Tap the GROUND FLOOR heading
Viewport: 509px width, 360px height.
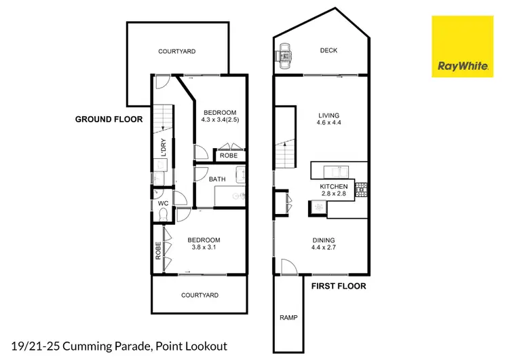[109, 119]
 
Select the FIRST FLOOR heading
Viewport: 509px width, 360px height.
[338, 286]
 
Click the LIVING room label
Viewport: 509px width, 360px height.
[328, 115]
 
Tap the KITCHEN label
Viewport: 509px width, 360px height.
[334, 186]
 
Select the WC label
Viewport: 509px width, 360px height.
[163, 203]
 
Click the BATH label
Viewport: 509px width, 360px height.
[217, 179]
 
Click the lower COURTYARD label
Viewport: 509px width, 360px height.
[200, 295]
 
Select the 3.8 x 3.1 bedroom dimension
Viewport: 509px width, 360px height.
[204, 248]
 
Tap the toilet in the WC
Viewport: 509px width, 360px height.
[162, 214]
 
